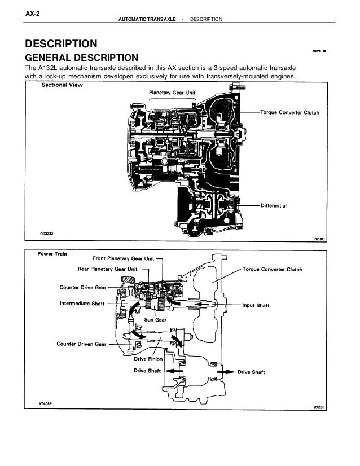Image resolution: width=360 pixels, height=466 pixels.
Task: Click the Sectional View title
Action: pos(62,86)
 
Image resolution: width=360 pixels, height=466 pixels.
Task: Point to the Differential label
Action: pos(274,206)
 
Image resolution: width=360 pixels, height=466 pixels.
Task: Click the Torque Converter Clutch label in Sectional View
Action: pos(289,112)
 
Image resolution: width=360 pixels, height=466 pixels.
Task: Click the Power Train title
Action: pos(53,253)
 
